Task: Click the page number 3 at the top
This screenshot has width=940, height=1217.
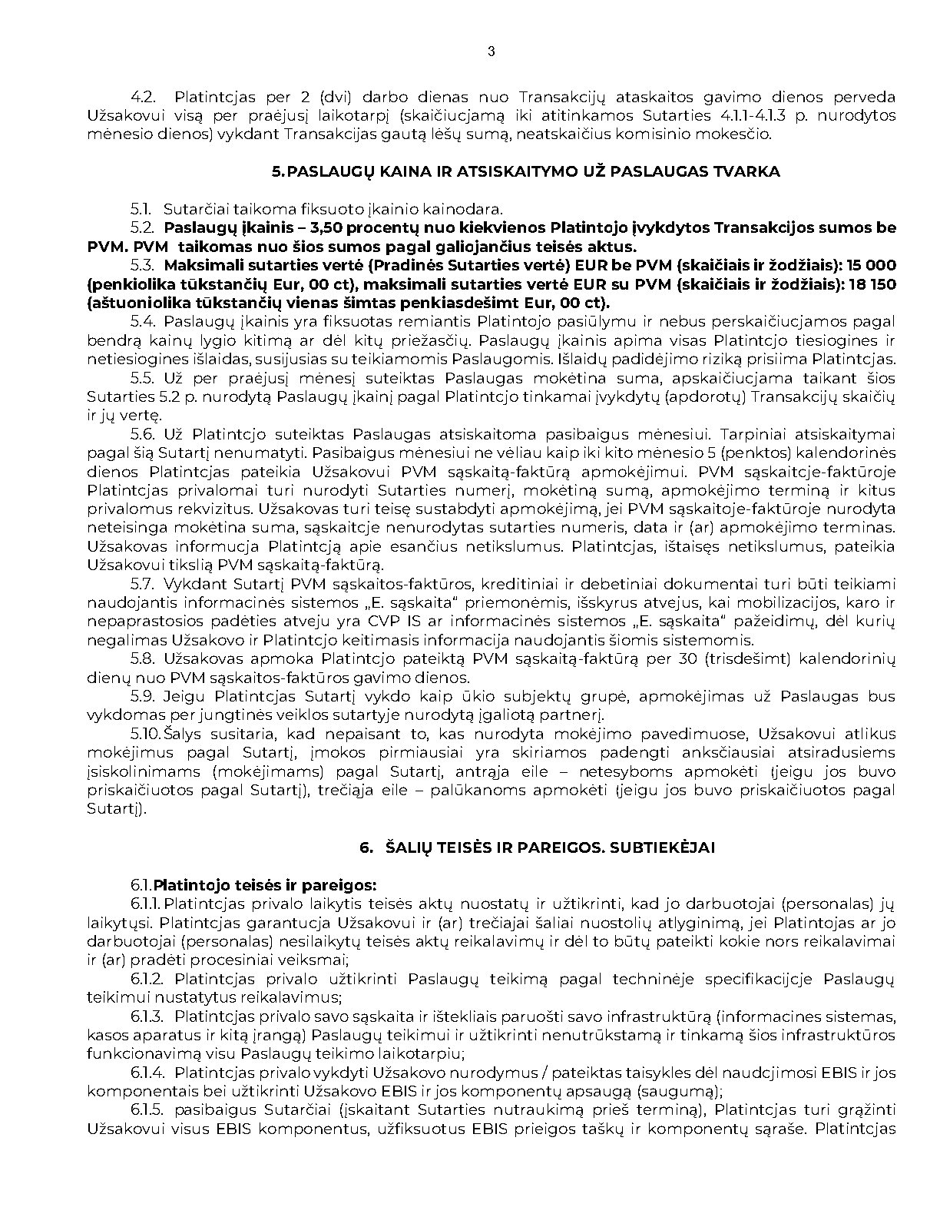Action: click(x=491, y=52)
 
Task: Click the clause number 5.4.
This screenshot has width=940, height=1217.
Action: click(x=144, y=321)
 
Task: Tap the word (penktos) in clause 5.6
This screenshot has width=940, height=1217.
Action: click(x=771, y=453)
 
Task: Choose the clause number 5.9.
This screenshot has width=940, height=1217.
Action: click(x=143, y=696)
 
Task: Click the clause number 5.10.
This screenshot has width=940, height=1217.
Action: click(x=146, y=734)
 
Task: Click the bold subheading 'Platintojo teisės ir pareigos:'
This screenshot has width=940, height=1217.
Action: click(x=265, y=885)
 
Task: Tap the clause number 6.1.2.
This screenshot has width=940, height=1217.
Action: click(x=147, y=979)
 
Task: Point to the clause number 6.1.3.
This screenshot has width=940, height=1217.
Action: click(x=147, y=1016)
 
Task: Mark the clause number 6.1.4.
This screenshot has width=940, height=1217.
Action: click(x=147, y=1073)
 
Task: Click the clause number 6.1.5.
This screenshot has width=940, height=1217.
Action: click(x=147, y=1110)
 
